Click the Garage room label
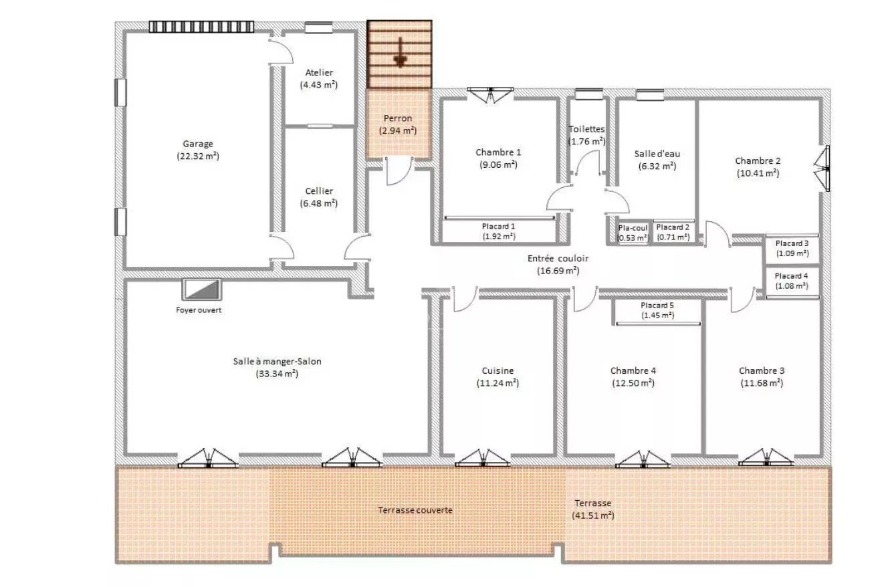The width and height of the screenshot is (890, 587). [198, 144]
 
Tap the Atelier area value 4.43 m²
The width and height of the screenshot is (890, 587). [319, 85]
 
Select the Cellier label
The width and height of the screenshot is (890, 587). [319, 191]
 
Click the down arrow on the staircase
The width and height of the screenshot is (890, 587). [401, 52]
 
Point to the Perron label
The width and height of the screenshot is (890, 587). [398, 118]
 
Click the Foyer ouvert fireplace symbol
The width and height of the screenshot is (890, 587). [202, 289]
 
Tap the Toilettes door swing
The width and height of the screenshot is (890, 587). [587, 162]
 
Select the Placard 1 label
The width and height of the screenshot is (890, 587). [498, 227]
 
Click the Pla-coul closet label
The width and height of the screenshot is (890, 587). [633, 228]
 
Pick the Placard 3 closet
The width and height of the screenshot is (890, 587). [792, 248]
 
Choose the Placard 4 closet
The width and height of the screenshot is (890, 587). [792, 281]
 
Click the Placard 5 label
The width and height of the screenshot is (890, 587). [657, 306]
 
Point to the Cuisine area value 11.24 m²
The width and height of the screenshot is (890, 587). [498, 383]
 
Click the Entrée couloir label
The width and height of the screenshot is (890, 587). [558, 259]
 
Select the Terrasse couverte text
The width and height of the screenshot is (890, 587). [415, 510]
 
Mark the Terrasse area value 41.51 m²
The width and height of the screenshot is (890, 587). [593, 515]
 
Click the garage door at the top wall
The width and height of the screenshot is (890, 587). [201, 27]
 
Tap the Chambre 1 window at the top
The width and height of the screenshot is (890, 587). [490, 95]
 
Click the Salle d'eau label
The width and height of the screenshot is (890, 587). [657, 154]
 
